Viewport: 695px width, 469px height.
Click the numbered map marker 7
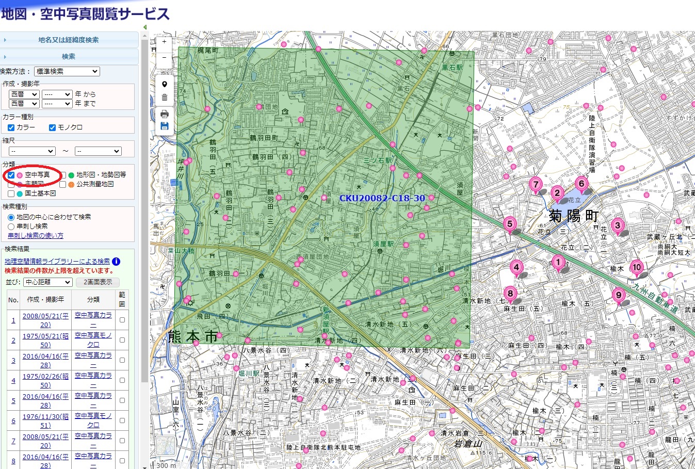coord(536,184)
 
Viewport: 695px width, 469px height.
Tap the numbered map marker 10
coord(637,267)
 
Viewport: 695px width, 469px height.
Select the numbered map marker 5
coord(510,224)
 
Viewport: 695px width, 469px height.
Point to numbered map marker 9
coord(619,296)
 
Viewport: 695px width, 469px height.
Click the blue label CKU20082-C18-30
coord(382,198)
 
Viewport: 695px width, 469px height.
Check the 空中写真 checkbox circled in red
coord(11,175)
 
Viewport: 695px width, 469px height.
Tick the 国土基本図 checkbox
coord(11,193)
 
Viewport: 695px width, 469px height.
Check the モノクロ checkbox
coord(52,127)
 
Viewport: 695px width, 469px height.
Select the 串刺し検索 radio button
coord(11,227)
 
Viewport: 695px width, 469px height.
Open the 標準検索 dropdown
coord(67,72)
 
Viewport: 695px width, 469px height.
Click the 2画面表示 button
coord(98,282)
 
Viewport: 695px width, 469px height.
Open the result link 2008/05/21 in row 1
coord(45,320)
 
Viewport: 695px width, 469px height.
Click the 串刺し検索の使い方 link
coord(36,236)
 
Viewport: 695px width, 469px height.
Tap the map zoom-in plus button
coord(164,42)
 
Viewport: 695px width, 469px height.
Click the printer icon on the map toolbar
coord(165,114)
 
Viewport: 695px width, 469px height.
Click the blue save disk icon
coord(165,126)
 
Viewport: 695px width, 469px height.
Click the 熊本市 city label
coord(193,336)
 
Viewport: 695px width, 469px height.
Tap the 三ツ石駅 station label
coord(378,160)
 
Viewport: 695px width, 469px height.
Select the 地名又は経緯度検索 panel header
coord(69,40)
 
